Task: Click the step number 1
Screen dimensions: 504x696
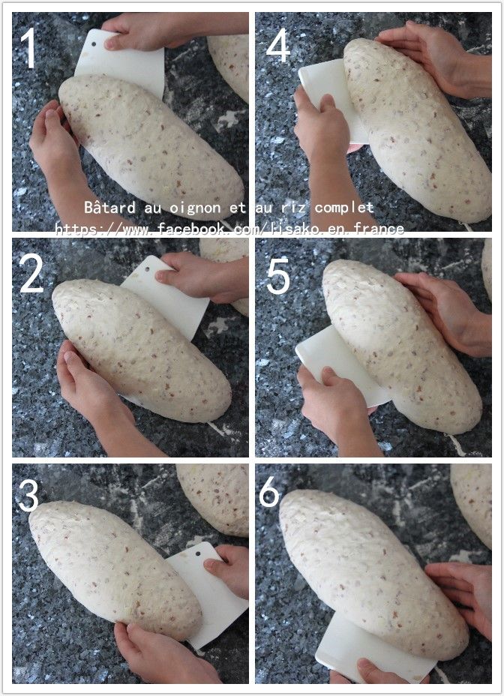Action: pyautogui.click(x=28, y=48)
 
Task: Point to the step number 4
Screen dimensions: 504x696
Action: pyautogui.click(x=278, y=44)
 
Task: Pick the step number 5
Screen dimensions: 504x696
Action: pyautogui.click(x=278, y=277)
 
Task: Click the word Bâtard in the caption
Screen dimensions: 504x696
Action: pyautogui.click(x=109, y=207)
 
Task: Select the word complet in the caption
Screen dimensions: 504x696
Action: pyautogui.click(x=344, y=208)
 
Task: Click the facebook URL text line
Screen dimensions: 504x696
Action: pyautogui.click(x=229, y=229)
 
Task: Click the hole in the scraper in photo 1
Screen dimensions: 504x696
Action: pyautogui.click(x=94, y=44)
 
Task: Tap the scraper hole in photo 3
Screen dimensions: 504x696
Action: pyautogui.click(x=198, y=553)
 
